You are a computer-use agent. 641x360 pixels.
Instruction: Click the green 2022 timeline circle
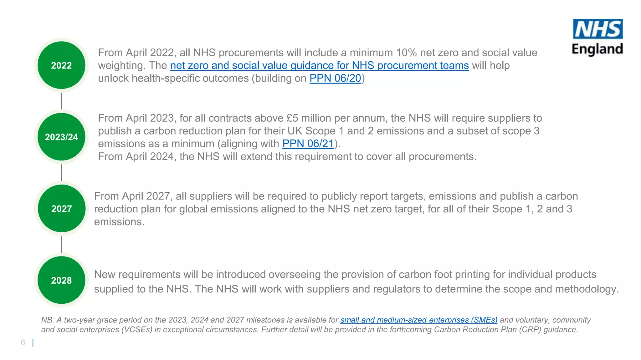coord(61,65)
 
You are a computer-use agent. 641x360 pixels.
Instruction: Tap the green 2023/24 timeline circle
coord(61,137)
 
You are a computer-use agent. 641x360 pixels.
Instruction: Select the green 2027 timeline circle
coord(61,209)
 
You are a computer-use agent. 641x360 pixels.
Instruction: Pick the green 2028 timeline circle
coord(61,280)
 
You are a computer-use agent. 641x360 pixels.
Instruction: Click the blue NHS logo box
coord(597,29)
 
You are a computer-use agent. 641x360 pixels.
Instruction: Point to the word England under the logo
coord(597,49)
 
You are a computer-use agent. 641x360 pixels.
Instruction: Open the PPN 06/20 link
coord(335,78)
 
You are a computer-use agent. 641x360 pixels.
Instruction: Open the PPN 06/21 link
coord(308,144)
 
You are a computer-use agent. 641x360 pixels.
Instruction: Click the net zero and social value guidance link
coord(319,65)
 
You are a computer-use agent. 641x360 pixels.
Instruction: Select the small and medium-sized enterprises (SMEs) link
coord(419,320)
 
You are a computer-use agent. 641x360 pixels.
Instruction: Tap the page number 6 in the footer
coord(23,342)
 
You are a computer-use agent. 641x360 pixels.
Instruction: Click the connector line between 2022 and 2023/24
coord(61,101)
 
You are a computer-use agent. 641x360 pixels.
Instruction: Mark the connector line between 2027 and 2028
coord(61,244)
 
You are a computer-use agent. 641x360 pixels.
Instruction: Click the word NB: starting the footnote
coord(47,320)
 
